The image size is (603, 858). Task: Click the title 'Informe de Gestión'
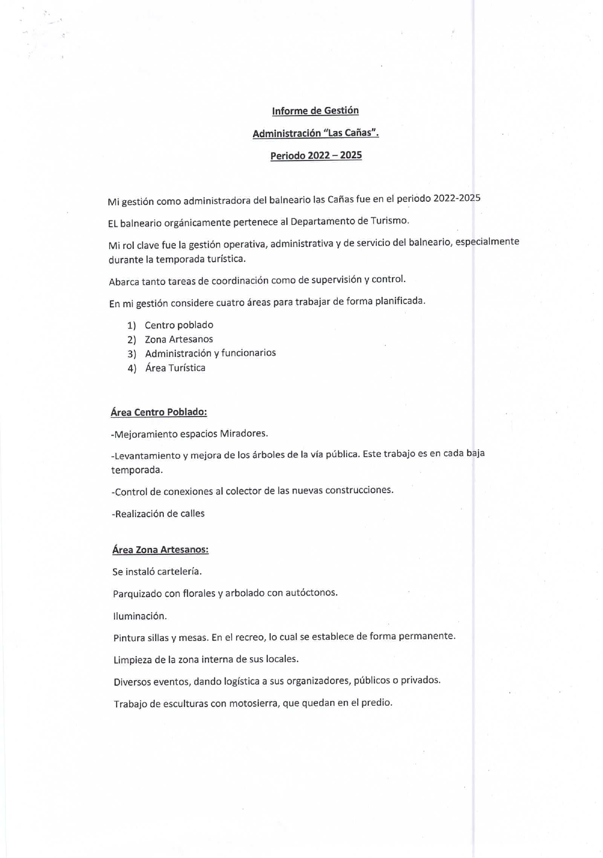(315, 111)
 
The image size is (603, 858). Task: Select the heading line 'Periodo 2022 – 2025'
(316, 156)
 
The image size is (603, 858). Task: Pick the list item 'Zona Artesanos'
(178, 339)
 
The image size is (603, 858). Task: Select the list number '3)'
(132, 354)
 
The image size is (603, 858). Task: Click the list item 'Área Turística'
(175, 368)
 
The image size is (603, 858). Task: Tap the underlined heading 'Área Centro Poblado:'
(159, 412)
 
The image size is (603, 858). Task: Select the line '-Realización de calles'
(158, 514)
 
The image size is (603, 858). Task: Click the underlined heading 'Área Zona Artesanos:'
(160, 550)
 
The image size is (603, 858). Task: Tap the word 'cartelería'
(179, 571)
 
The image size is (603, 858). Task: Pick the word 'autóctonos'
(311, 593)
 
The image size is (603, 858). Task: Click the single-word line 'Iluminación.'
(140, 616)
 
